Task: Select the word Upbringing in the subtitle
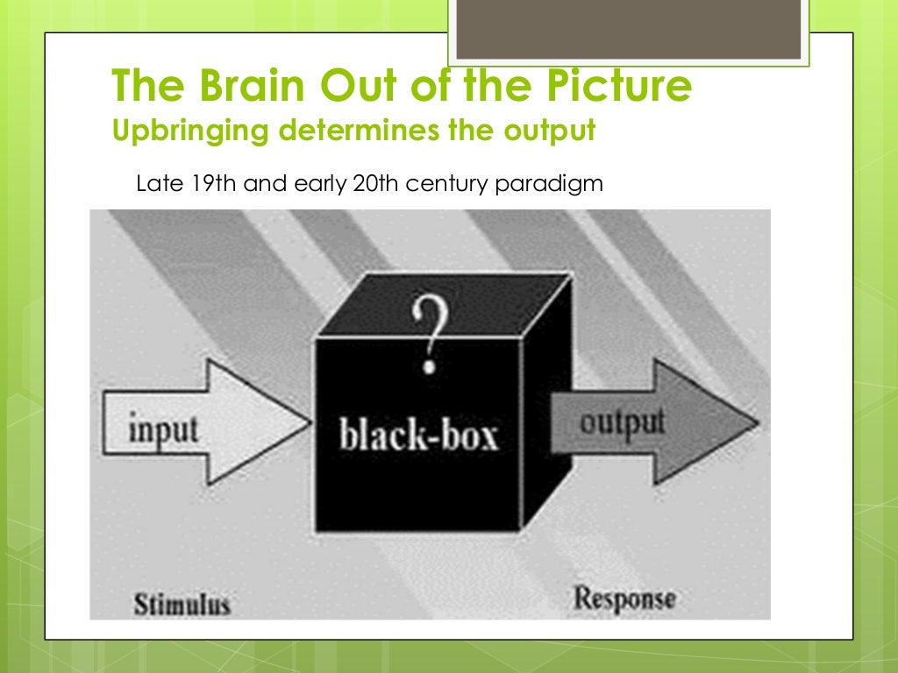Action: [x=181, y=131]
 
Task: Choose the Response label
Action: [x=624, y=600]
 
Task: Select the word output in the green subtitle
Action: [x=550, y=131]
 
